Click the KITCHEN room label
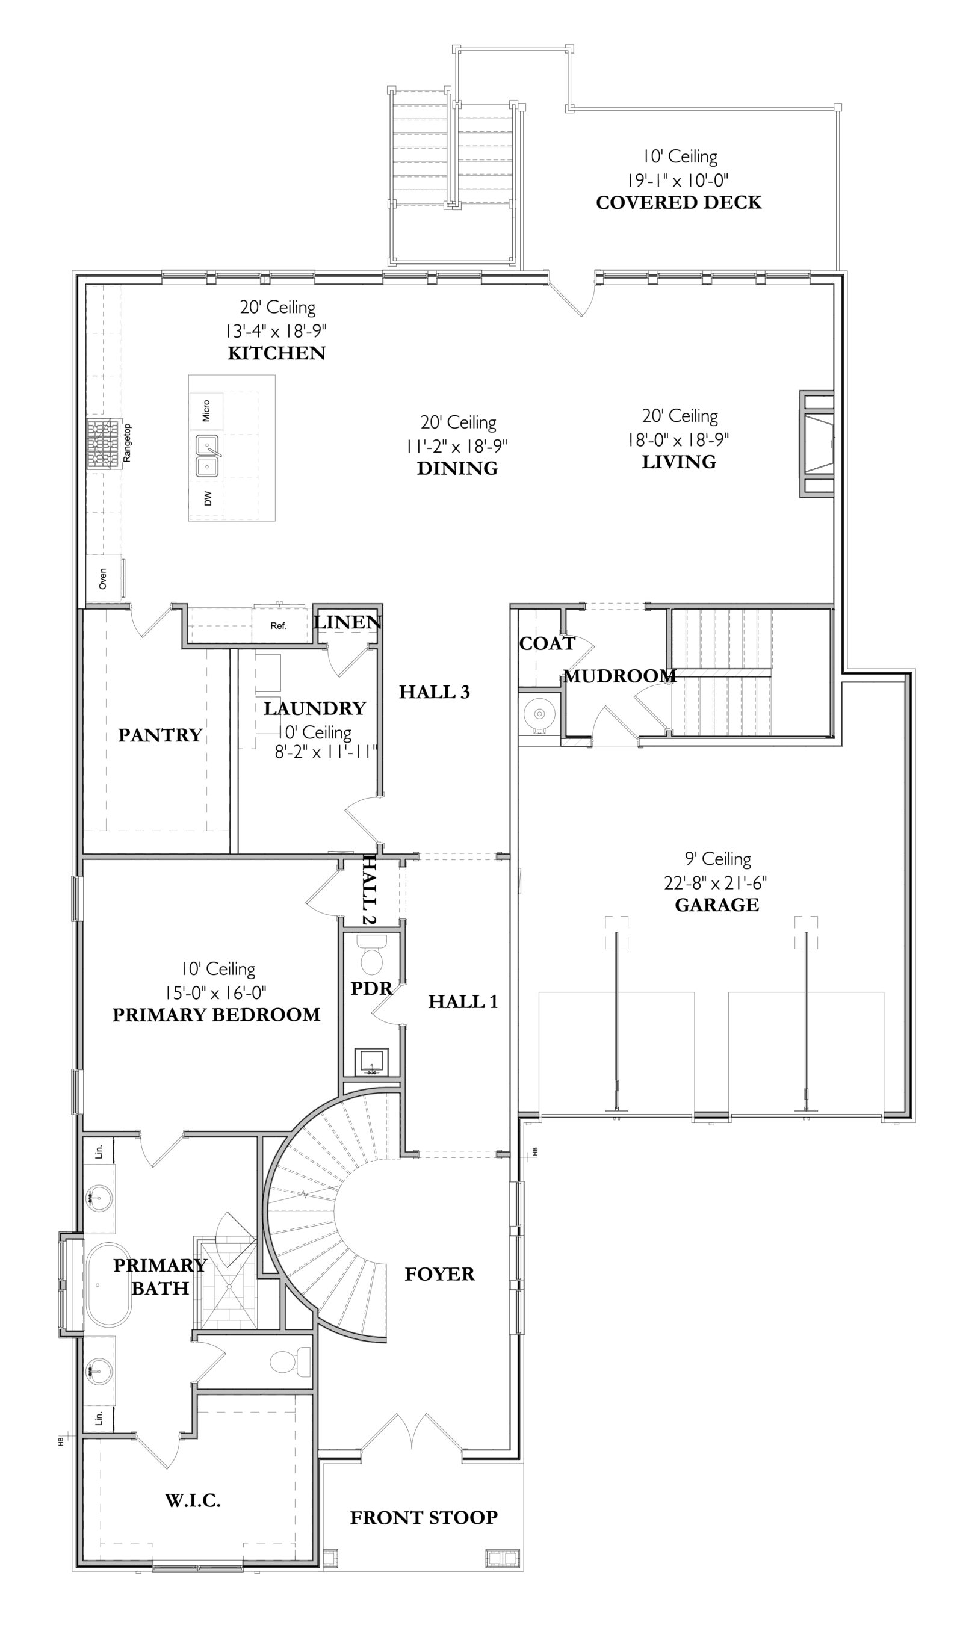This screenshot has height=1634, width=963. tap(276, 353)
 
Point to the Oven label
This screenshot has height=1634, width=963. tap(102, 579)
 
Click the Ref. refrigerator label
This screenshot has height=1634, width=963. tap(279, 626)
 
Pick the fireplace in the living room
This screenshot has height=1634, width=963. tap(816, 444)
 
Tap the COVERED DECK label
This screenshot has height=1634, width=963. tap(679, 202)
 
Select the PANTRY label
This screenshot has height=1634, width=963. tap(160, 735)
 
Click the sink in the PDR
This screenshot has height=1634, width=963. tap(372, 1062)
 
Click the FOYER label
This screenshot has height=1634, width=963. tap(439, 1274)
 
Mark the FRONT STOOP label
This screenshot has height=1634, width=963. tap(424, 1517)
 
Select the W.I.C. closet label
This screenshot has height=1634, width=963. tap(193, 1500)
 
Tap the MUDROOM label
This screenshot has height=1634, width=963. tap(620, 676)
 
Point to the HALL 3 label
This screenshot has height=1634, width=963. tap(434, 692)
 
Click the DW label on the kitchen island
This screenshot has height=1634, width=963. tap(208, 498)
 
